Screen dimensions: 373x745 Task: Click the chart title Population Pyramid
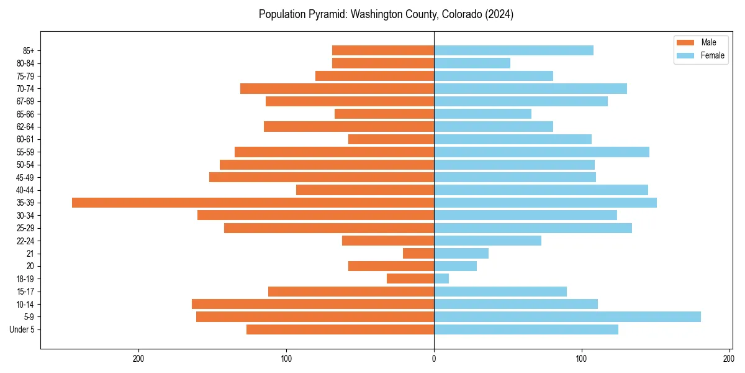pyautogui.click(x=386, y=14)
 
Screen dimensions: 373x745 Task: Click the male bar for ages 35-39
pyautogui.click(x=253, y=203)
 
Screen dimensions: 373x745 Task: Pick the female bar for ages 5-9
pyautogui.click(x=567, y=317)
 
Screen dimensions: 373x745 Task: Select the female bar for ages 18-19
pyautogui.click(x=441, y=279)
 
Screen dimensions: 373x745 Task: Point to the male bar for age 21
pyautogui.click(x=418, y=254)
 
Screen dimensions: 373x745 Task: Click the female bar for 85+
pyautogui.click(x=513, y=50)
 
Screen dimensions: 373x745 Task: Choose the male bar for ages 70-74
pyautogui.click(x=337, y=88)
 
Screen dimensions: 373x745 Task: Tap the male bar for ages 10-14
pyautogui.click(x=313, y=304)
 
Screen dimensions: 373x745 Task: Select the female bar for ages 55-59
pyautogui.click(x=541, y=152)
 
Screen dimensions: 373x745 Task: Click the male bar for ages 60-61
pyautogui.click(x=391, y=139)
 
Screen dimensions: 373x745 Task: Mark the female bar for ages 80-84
pyautogui.click(x=472, y=63)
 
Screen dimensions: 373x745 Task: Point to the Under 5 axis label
pyautogui.click(x=22, y=329)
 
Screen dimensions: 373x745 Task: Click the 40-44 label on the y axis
pyautogui.click(x=25, y=190)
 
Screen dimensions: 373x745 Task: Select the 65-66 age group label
pyautogui.click(x=25, y=114)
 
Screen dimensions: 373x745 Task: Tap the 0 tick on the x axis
pyautogui.click(x=434, y=359)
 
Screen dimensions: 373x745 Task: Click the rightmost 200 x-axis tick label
pyautogui.click(x=729, y=359)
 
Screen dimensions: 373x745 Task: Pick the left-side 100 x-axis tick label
pyautogui.click(x=286, y=359)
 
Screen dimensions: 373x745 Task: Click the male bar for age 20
pyautogui.click(x=391, y=266)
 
